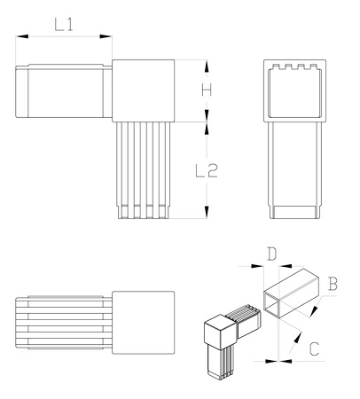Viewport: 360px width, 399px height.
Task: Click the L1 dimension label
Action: [64, 25]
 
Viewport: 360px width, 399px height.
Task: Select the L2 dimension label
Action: [207, 170]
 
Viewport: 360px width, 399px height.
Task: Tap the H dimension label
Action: [207, 90]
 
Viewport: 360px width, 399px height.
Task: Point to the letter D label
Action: [271, 254]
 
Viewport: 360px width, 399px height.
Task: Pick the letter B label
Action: [333, 284]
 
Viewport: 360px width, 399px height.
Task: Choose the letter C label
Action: [314, 348]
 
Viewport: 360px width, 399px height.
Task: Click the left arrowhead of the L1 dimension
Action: [22, 36]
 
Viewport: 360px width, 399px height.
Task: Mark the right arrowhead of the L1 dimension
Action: [106, 36]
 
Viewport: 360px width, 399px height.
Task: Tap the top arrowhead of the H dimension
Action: [207, 66]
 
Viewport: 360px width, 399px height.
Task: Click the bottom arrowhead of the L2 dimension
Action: [207, 212]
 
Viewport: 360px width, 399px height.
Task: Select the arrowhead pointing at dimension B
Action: [315, 311]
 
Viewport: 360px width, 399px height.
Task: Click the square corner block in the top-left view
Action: [144, 90]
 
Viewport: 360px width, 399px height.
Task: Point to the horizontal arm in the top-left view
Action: [64, 91]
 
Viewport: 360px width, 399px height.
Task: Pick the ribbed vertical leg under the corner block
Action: [144, 170]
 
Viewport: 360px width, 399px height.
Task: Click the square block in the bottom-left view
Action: [144, 323]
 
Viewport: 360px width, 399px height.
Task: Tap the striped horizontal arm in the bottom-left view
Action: [64, 323]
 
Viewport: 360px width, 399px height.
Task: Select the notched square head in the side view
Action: [294, 90]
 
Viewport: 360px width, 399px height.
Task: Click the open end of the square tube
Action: [272, 305]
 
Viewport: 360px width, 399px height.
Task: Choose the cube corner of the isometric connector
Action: [221, 331]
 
